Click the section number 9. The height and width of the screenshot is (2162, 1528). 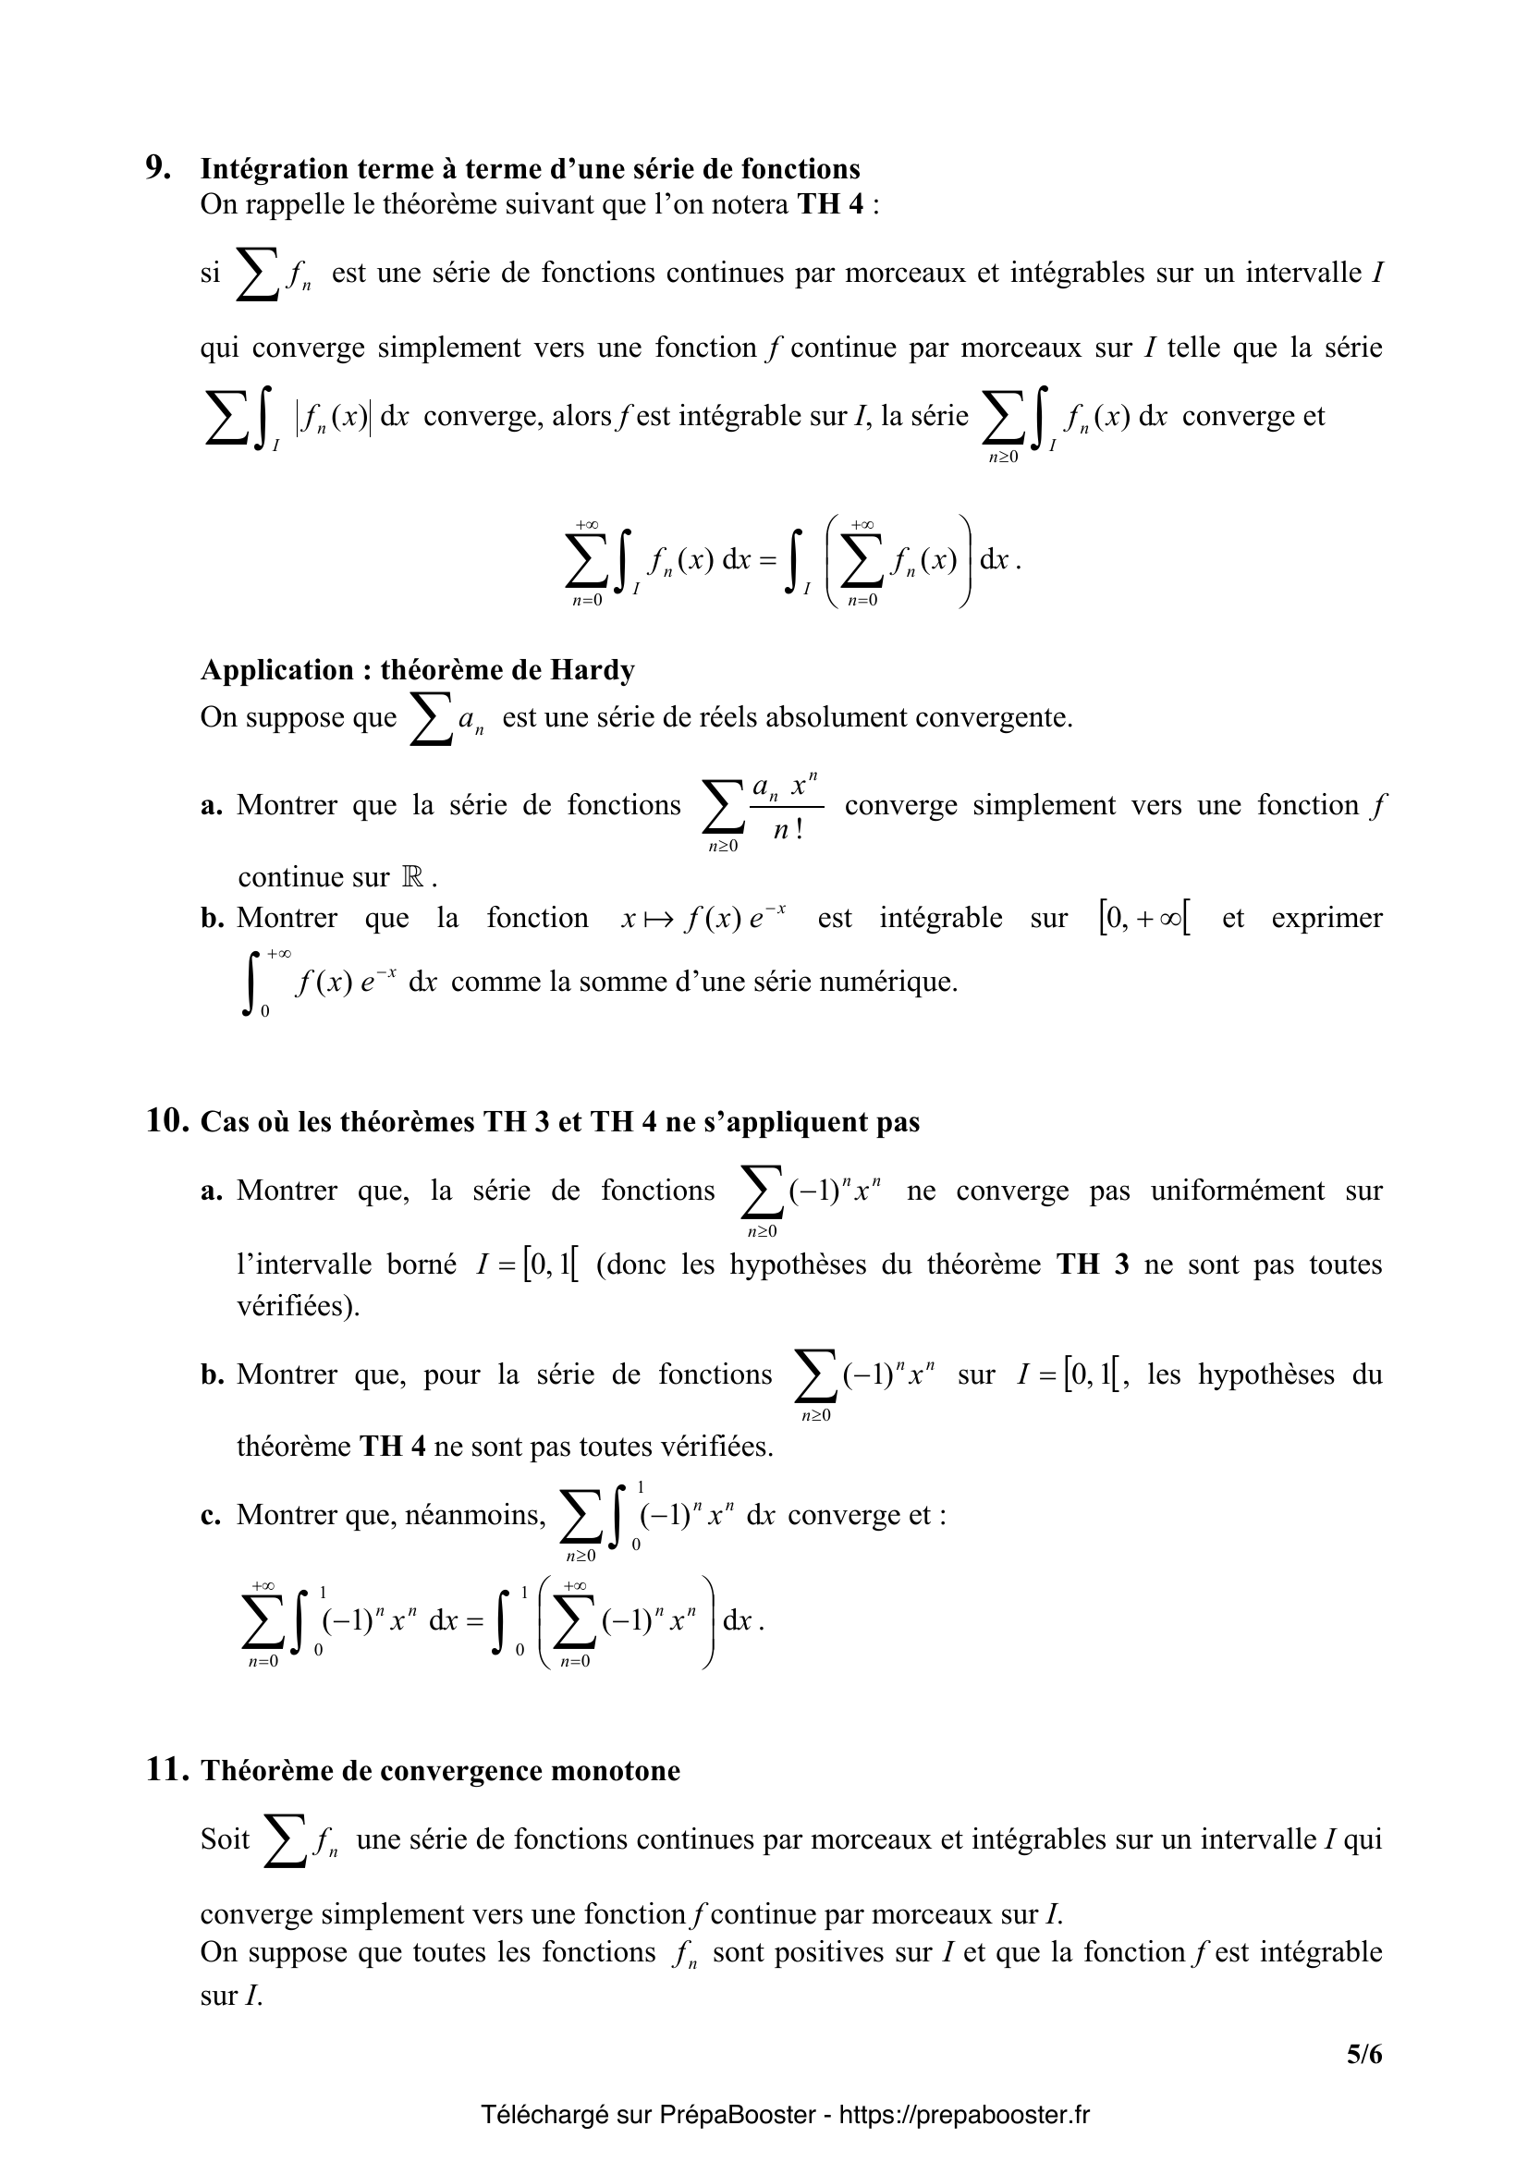tap(158, 167)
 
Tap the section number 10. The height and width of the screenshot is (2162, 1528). tap(168, 1121)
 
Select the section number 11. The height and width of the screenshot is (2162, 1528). tap(168, 1770)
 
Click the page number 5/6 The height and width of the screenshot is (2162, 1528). tap(1364, 2053)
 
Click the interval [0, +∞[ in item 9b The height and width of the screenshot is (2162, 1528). tap(1143, 918)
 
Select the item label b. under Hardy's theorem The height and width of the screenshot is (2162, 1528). tap(212, 918)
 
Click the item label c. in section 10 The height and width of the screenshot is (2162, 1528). tap(211, 1514)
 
